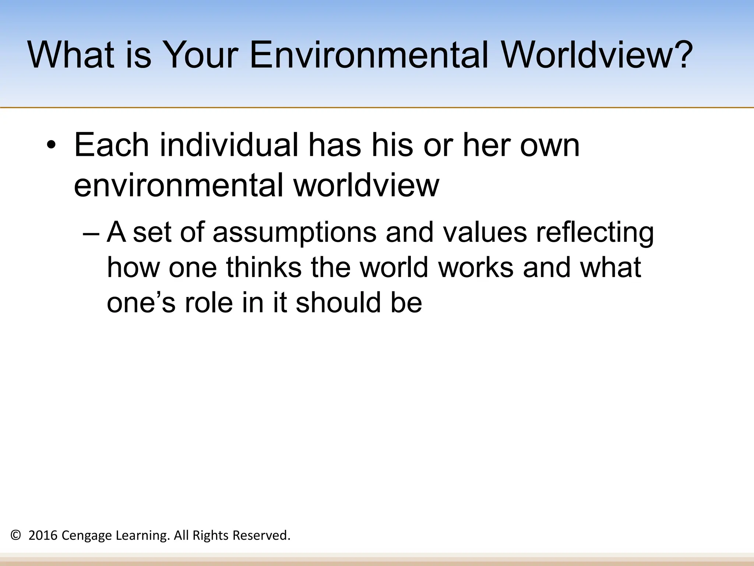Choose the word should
tap(338, 303)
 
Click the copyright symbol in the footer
tap(16, 535)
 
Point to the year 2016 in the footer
tap(43, 535)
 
